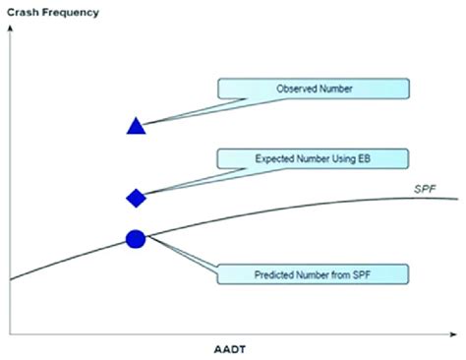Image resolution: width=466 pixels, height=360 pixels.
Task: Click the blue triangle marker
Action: point(137,125)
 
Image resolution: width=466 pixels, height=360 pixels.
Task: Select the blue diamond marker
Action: point(137,198)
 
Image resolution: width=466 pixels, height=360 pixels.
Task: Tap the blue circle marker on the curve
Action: point(137,238)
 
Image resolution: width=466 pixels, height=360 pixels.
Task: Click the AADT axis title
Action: point(230,348)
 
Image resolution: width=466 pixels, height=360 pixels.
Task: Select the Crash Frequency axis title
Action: point(56,10)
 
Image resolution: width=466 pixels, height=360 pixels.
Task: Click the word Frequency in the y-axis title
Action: point(74,10)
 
